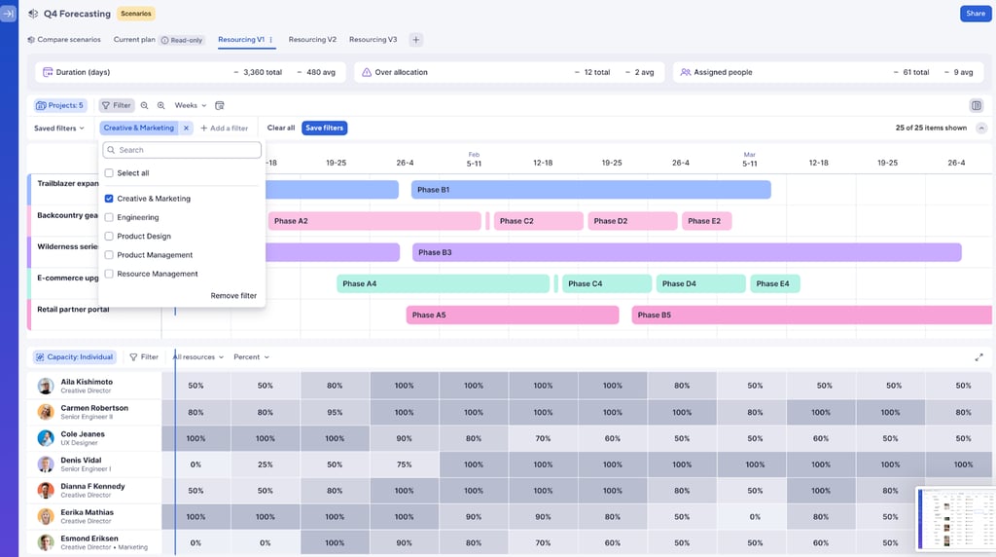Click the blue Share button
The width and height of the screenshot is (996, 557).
tap(975, 14)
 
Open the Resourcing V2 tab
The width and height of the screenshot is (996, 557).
tap(312, 40)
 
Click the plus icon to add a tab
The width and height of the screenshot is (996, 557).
tap(415, 40)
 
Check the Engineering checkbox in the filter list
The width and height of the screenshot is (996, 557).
tap(109, 217)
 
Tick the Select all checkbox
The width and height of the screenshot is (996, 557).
tap(109, 173)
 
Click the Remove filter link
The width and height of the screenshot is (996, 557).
tap(233, 296)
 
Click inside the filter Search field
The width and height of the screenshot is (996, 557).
tap(183, 150)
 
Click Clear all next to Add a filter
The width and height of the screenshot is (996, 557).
tap(281, 128)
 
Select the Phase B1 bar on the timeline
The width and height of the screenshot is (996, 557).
tap(590, 190)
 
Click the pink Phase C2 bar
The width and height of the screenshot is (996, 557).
tap(538, 221)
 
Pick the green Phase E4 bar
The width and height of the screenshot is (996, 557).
tap(774, 283)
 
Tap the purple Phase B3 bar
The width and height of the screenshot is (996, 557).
tap(686, 252)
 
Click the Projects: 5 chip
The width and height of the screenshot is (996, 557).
tap(60, 105)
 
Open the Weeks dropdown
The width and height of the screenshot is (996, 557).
tap(190, 105)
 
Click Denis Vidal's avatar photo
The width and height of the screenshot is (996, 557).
tap(46, 464)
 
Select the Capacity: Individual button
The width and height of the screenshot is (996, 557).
tap(75, 357)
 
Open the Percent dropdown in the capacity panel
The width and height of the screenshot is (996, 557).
tap(251, 357)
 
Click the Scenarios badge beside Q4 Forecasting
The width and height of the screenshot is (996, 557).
tap(136, 14)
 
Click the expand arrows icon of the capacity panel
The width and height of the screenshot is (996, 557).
tap(978, 357)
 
